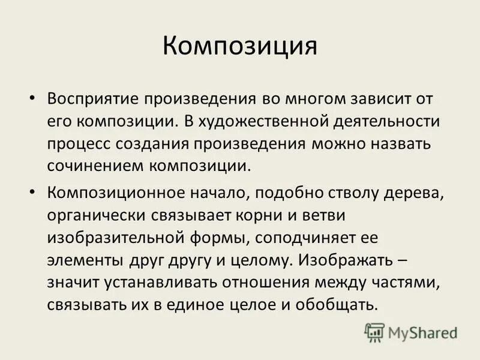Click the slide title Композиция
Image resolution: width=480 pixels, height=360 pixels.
(x=239, y=46)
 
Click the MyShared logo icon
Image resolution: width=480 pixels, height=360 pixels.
(x=374, y=331)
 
